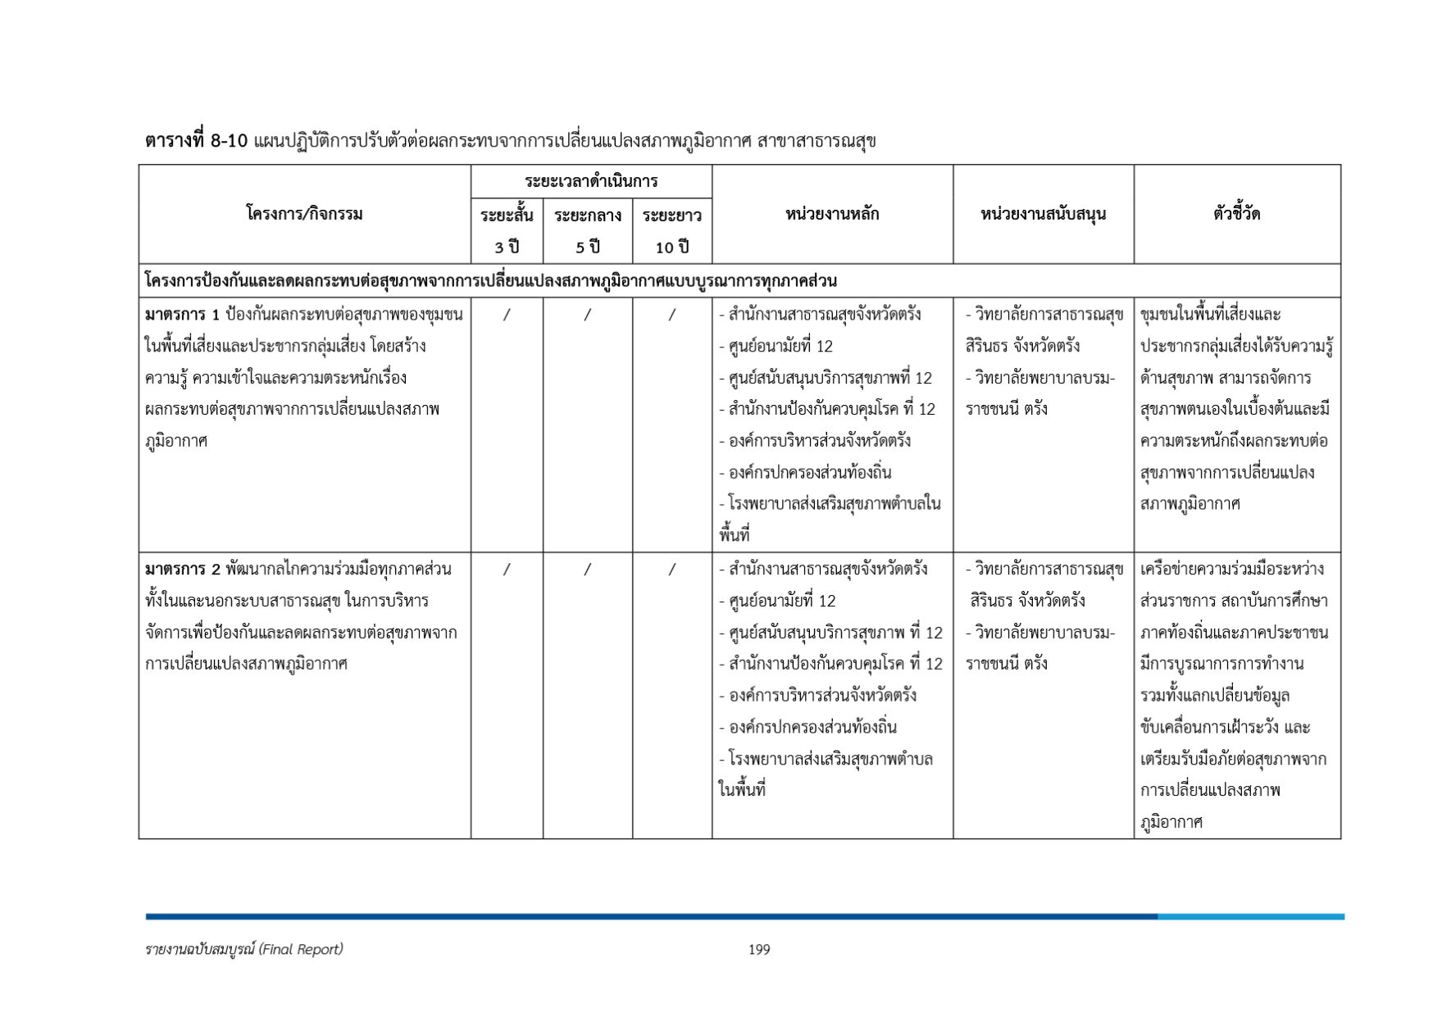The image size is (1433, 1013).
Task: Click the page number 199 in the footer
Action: (x=758, y=950)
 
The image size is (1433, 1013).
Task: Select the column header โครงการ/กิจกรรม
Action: (x=304, y=215)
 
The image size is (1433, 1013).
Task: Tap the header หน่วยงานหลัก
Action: (x=832, y=215)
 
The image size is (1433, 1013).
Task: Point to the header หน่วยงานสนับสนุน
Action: (x=1043, y=215)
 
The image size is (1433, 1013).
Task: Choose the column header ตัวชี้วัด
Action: (x=1236, y=215)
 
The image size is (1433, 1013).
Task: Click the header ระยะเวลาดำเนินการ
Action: (x=591, y=181)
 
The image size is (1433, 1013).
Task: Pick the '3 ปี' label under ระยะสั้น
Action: (x=507, y=248)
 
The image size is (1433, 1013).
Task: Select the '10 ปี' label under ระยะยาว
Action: (x=671, y=248)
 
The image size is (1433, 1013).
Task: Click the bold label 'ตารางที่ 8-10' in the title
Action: (x=196, y=141)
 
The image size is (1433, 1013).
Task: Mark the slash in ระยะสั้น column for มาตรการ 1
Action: (x=507, y=315)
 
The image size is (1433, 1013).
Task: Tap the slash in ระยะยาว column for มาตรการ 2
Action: (x=671, y=570)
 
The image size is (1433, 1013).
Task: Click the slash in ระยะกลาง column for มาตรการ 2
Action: (x=587, y=570)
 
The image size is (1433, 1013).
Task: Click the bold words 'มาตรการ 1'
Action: (x=182, y=315)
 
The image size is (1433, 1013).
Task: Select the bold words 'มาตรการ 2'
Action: (x=182, y=570)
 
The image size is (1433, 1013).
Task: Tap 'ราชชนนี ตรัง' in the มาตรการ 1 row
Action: (x=1006, y=409)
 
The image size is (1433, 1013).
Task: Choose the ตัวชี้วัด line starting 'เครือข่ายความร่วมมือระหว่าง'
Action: (x=1231, y=570)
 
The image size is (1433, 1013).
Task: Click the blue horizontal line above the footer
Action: (x=744, y=916)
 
